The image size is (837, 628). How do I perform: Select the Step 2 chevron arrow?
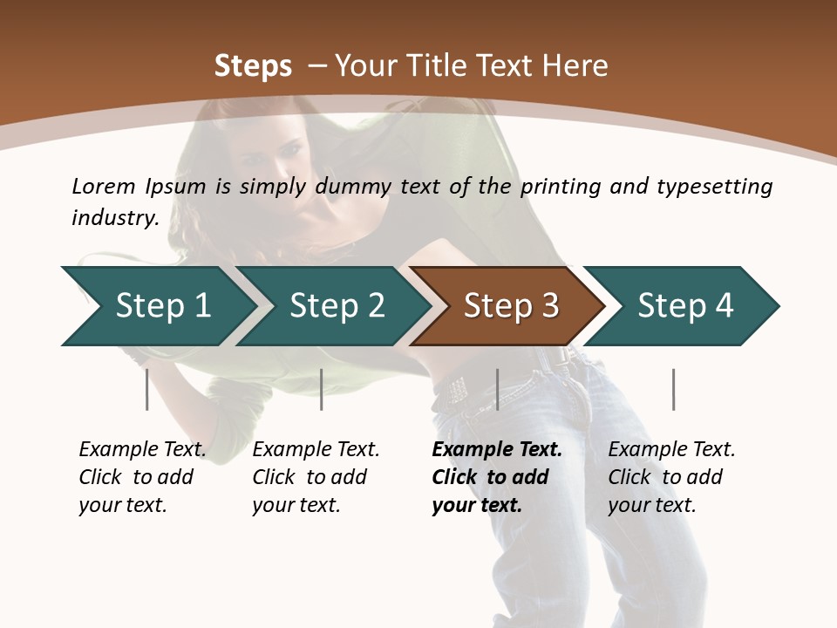(337, 306)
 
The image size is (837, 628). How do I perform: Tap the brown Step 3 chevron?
(511, 306)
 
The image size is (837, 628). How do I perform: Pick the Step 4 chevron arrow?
(685, 306)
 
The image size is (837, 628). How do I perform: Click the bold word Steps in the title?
(253, 66)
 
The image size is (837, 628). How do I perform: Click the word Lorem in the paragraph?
(104, 186)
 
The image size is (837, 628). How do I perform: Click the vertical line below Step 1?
(147, 389)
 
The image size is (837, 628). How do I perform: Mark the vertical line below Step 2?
(322, 389)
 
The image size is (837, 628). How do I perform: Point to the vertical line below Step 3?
(497, 389)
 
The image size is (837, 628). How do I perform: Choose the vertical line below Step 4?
(673, 389)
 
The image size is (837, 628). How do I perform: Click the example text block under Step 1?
(142, 477)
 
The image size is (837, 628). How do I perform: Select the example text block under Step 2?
(316, 477)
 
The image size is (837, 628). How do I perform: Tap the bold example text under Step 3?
(497, 477)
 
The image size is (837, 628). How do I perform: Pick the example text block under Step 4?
(671, 477)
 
